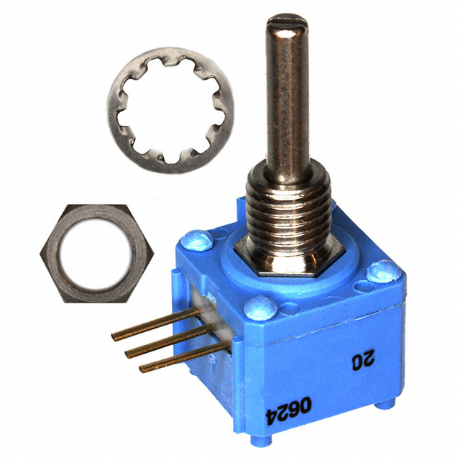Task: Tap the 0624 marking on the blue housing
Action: [x=288, y=410]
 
